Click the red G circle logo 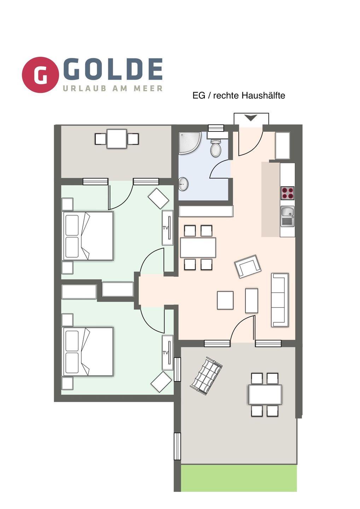(40, 75)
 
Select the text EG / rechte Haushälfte (239, 95)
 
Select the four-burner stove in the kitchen (288, 193)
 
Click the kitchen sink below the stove (288, 216)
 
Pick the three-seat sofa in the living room (280, 300)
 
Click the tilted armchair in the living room (248, 267)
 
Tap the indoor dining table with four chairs (198, 247)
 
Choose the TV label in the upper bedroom (166, 228)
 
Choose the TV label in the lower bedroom (166, 353)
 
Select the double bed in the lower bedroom (87, 352)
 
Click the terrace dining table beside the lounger (265, 394)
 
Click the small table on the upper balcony (117, 139)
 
